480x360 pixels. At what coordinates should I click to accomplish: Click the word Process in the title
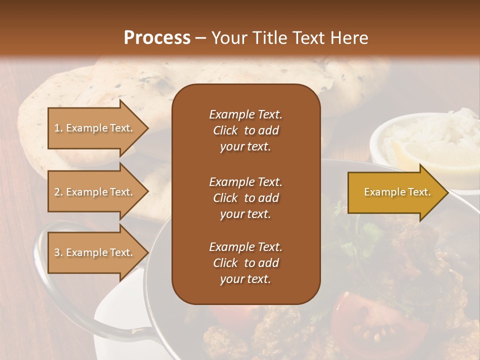pos(157,38)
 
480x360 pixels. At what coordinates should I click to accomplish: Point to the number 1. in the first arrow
pos(58,128)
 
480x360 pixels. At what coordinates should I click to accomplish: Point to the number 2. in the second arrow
pos(58,192)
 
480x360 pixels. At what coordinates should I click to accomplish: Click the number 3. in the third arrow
pos(58,252)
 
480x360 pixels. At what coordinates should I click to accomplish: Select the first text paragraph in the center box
pos(245,130)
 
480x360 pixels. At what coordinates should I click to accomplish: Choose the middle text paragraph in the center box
pos(245,198)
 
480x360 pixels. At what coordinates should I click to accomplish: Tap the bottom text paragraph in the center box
pos(245,263)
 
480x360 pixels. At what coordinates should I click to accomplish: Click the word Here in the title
pos(350,38)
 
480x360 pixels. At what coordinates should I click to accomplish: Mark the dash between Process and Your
pos(201,38)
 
